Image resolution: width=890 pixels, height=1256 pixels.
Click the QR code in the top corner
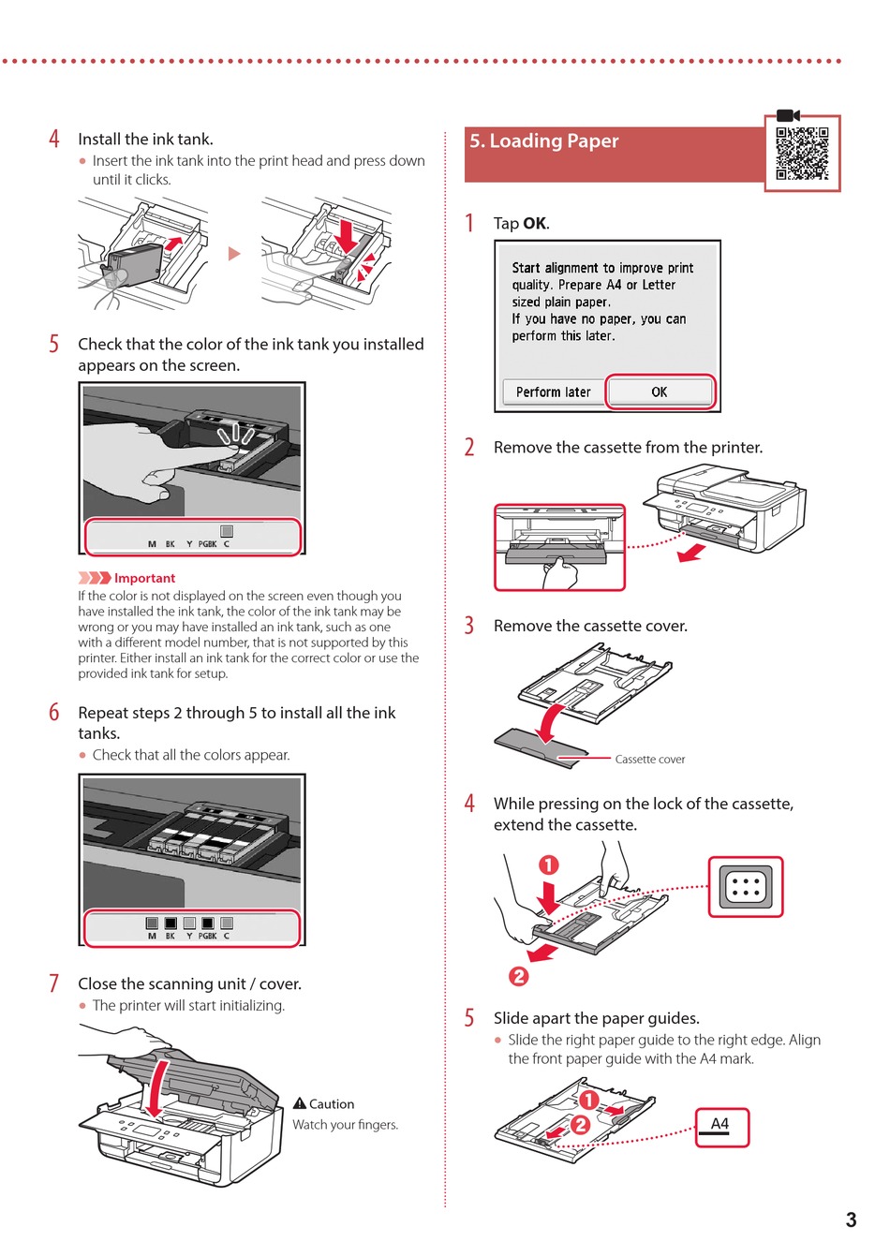point(802,154)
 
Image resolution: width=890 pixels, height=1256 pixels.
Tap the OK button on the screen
point(660,392)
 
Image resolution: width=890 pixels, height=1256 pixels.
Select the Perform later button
point(553,392)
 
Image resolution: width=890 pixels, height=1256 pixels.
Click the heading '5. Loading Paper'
point(544,141)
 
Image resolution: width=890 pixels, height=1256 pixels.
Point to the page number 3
point(851,1219)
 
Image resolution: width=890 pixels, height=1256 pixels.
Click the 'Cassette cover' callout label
point(649,760)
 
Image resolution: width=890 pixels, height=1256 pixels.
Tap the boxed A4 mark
point(721,1127)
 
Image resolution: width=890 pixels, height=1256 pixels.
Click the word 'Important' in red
point(144,579)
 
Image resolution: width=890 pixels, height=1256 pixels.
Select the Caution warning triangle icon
point(300,1103)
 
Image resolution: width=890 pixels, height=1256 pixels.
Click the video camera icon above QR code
point(788,115)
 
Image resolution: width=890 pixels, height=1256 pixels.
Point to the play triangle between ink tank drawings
point(234,253)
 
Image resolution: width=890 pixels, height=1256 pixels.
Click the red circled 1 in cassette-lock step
point(549,865)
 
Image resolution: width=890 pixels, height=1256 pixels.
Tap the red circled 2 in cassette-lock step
point(518,976)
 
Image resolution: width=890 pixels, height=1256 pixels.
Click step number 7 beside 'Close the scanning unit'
point(54,983)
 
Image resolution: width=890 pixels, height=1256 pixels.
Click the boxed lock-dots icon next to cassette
point(745,886)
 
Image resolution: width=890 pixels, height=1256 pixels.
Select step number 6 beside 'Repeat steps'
point(54,713)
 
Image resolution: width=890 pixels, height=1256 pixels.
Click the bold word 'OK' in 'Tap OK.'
point(535,224)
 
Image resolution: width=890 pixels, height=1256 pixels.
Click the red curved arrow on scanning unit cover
point(158,1086)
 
